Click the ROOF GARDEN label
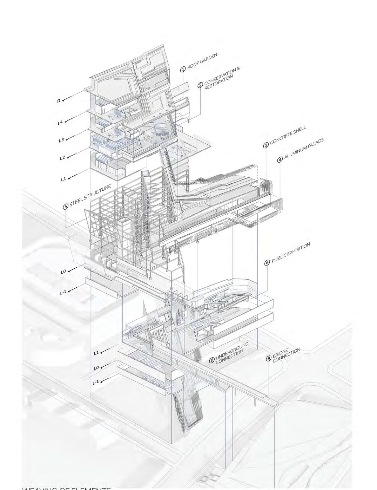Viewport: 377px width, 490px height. coord(202,61)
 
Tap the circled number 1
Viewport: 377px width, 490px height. coord(183,69)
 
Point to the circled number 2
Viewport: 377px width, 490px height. coord(200,85)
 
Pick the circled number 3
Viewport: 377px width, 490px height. coord(266,145)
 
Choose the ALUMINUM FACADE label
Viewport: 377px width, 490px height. coord(304,149)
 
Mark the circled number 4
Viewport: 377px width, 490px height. coord(280,160)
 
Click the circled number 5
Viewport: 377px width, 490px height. coord(66,207)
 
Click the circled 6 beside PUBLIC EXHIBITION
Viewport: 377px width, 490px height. coord(267,263)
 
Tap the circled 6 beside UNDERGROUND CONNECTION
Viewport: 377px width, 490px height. coord(212,360)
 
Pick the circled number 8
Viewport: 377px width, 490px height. coord(269,359)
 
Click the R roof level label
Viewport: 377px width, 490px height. coord(59,101)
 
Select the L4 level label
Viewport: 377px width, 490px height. coord(60,123)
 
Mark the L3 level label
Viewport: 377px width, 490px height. coord(61,140)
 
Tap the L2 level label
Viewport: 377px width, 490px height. coord(62,158)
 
